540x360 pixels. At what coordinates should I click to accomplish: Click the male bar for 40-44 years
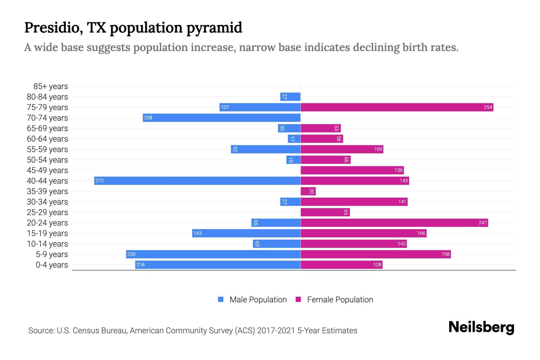click(197, 181)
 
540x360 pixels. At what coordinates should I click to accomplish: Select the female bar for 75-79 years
click(397, 107)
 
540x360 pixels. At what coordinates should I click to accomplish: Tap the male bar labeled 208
click(221, 118)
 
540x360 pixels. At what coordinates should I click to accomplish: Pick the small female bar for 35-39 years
click(308, 191)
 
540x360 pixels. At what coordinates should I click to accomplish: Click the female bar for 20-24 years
click(394, 223)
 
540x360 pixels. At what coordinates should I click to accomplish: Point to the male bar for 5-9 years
click(213, 254)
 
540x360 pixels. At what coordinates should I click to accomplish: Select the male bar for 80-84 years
click(290, 97)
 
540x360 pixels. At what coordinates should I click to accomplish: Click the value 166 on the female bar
click(421, 233)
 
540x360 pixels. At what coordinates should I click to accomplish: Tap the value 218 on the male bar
click(140, 265)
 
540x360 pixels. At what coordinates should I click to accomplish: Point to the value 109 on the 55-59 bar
click(378, 149)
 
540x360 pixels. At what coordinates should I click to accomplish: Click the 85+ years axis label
click(50, 86)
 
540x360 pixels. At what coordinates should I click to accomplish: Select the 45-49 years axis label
click(47, 170)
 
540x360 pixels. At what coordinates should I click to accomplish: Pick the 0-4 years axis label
click(52, 265)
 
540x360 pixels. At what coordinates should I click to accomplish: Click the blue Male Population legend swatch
click(221, 299)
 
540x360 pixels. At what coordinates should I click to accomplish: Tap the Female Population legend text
click(340, 300)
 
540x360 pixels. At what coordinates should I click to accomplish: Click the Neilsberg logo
click(481, 327)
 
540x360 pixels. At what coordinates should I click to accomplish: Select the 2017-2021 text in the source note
click(276, 331)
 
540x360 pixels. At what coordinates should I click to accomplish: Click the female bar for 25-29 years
click(325, 212)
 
